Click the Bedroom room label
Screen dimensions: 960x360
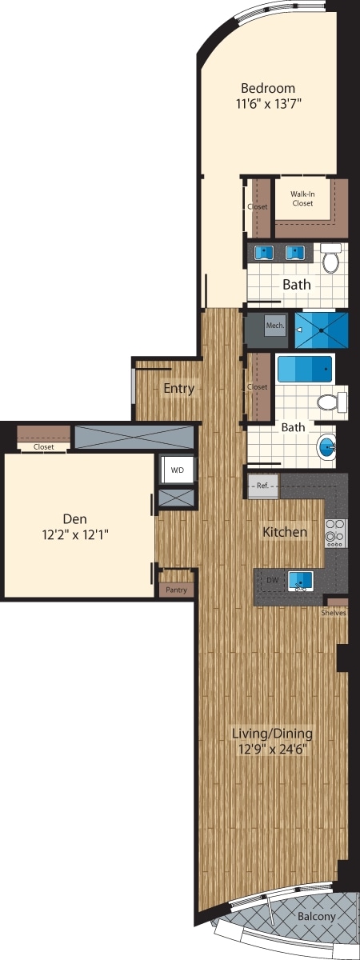tap(269, 88)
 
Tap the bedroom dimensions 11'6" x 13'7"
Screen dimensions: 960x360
tap(269, 103)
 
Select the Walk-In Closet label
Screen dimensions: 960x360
tap(302, 198)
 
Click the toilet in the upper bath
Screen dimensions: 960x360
tap(331, 258)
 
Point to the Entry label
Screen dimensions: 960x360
tap(178, 389)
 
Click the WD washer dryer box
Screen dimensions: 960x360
tap(177, 470)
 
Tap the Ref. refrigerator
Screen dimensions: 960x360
tap(263, 485)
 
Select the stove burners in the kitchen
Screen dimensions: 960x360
tap(335, 532)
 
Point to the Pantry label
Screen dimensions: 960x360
tap(176, 590)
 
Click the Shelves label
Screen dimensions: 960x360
tap(334, 613)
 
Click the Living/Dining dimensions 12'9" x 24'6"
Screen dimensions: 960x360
tap(272, 749)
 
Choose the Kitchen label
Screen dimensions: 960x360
tap(286, 532)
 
